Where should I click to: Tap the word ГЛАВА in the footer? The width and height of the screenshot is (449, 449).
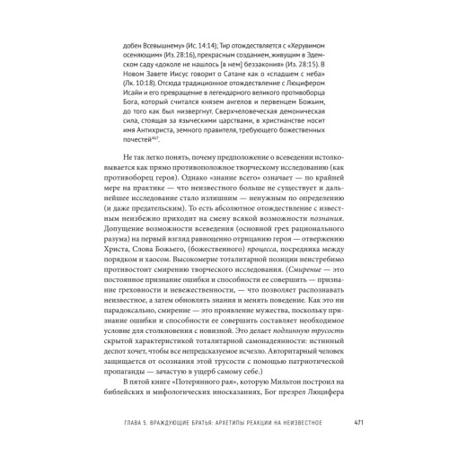pyautogui.click(x=101, y=421)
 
